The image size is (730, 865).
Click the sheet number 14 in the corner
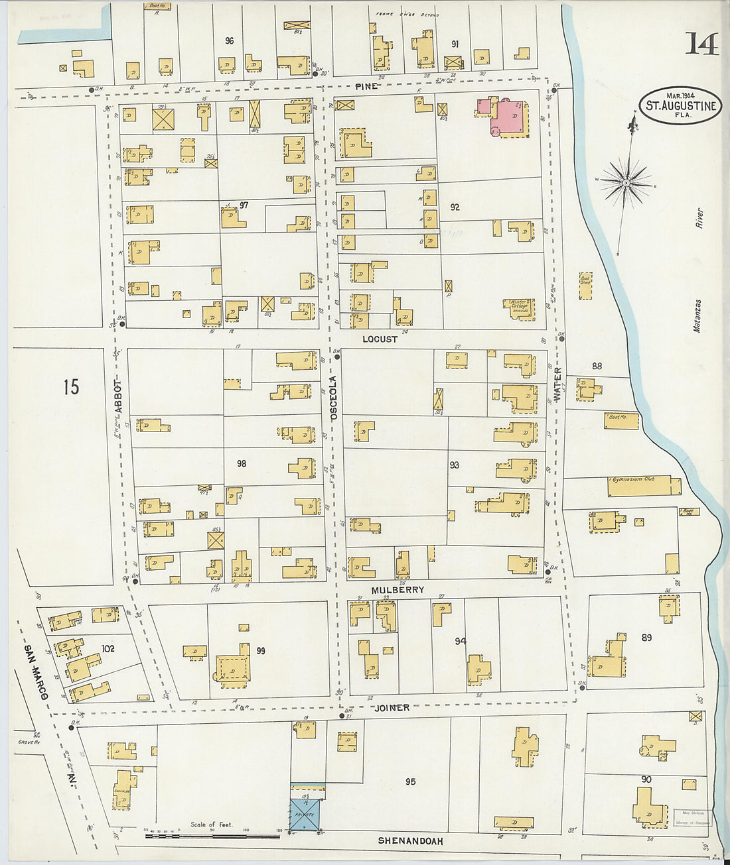tap(701, 44)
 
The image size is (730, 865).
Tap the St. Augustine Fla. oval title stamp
tap(681, 106)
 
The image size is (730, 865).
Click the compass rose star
tap(626, 181)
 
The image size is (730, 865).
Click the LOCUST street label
tap(380, 339)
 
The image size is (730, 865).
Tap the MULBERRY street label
tap(398, 589)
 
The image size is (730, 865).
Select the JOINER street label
tap(391, 707)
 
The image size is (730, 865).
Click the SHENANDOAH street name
tap(411, 840)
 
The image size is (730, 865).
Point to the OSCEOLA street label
tap(334, 397)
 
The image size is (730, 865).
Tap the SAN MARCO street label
tap(37, 671)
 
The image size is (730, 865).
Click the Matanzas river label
tap(697, 315)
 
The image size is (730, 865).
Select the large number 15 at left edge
tap(71, 386)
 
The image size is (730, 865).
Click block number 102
tap(108, 648)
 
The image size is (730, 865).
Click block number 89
tap(646, 638)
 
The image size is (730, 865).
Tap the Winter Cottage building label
tap(520, 306)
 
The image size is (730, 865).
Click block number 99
tap(260, 651)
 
